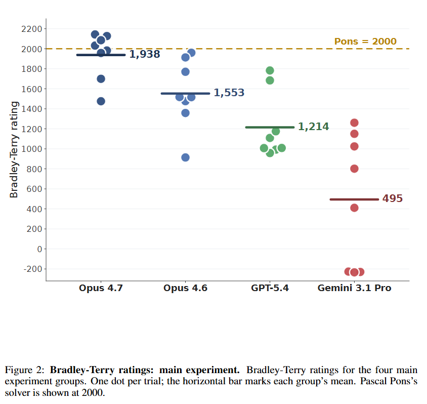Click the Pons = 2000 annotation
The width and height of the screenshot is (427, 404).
coord(365,42)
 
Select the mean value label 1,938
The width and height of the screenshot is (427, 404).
coord(145,54)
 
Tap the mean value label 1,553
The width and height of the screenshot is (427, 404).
coord(229,93)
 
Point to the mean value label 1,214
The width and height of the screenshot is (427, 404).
coord(313,127)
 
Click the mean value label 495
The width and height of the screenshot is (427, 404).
coord(392,199)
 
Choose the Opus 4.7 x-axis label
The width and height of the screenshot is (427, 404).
coord(101,288)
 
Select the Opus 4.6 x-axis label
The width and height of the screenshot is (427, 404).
coord(185,288)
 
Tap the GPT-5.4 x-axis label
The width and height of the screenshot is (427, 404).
coord(270,288)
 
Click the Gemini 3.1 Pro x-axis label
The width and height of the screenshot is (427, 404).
coord(354,288)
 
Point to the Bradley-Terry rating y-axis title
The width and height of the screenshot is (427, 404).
coord(14,149)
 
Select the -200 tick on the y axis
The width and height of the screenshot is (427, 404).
coord(31,269)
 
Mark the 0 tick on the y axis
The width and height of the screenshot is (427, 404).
coord(38,249)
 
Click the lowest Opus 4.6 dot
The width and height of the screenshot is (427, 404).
coord(185,157)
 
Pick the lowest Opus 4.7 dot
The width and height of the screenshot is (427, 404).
coord(101,101)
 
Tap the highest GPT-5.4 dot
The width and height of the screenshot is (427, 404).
coord(270,70)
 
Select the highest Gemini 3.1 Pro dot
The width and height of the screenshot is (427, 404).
coord(354,123)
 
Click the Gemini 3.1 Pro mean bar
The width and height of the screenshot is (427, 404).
coord(354,199)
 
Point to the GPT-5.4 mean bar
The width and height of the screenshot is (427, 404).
coord(270,127)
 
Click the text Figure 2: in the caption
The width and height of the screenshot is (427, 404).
coord(25,369)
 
